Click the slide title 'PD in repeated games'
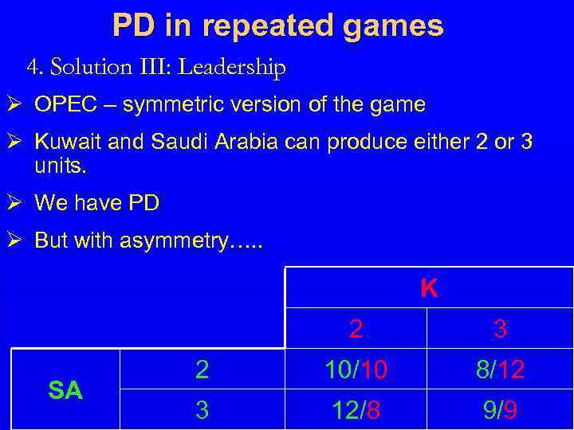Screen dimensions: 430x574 (277, 25)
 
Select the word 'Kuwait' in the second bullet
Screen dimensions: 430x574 (68, 143)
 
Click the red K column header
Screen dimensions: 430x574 (428, 287)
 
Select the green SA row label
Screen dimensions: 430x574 (65, 390)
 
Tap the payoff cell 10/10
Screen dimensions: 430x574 (356, 369)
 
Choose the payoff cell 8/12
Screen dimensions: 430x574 (501, 369)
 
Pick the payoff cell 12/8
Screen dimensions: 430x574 (356, 409)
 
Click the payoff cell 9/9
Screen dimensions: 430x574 (501, 409)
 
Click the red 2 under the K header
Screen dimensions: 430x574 (356, 328)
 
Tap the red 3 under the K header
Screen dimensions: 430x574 (501, 328)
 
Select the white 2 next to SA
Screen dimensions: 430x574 (202, 369)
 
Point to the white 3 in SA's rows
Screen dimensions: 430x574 (202, 409)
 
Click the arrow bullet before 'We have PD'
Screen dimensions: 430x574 (17, 203)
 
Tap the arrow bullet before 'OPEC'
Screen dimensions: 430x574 (17, 104)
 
